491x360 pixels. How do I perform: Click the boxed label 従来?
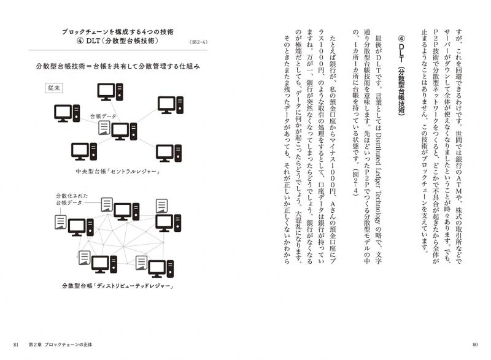tap(54, 88)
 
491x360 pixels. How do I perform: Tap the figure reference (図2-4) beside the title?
tap(198, 42)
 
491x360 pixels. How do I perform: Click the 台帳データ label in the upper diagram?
tap(103, 117)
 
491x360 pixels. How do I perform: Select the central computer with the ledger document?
tap(124, 131)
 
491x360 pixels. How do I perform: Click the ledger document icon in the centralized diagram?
tap(104, 128)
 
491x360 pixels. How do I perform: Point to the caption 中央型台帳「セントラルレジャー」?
tap(118, 172)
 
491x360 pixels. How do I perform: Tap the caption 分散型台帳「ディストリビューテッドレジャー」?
tap(118, 286)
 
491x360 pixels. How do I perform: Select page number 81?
tap(17, 345)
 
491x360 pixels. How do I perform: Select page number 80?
tap(474, 345)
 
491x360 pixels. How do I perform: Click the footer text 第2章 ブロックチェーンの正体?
tap(60, 345)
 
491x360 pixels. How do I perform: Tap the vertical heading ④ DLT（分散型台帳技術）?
tap(401, 75)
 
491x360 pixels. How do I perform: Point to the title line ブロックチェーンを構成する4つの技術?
tap(118, 32)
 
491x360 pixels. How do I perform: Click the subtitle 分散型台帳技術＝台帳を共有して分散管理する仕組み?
tap(118, 66)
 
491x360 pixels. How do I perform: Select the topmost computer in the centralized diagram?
tap(110, 91)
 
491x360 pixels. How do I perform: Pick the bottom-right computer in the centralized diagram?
tap(169, 153)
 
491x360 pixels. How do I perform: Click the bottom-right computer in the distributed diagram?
tap(161, 269)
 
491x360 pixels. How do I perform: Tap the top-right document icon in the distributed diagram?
tap(161, 206)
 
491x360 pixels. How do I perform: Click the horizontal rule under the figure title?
tap(118, 50)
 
